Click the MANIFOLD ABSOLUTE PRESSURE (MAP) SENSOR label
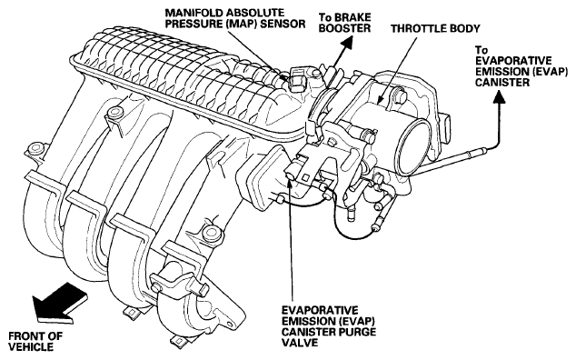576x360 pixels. (x=235, y=18)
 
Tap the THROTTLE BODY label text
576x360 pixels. (x=435, y=29)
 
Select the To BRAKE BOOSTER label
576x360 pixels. (x=344, y=23)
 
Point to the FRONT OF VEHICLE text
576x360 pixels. (x=35, y=341)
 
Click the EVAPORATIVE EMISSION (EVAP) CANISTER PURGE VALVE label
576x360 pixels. (x=329, y=326)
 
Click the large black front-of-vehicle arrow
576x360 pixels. (x=60, y=303)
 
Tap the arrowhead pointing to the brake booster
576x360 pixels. (x=347, y=44)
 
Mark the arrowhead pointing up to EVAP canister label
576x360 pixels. (x=499, y=97)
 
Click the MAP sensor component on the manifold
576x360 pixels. (x=297, y=78)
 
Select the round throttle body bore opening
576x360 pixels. (x=415, y=146)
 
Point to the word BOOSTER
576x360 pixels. (x=344, y=28)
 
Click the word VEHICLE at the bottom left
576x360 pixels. (x=31, y=346)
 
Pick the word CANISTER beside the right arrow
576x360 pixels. (x=502, y=82)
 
